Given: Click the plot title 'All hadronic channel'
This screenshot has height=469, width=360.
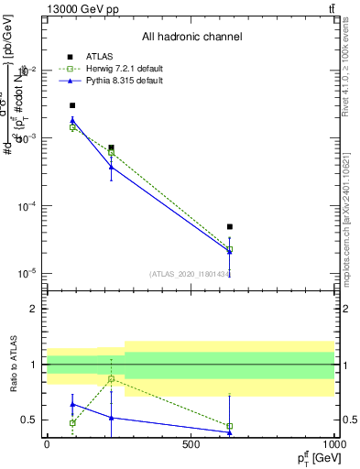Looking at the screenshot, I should click(191, 37).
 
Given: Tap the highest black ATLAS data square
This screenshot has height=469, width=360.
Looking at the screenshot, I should click(72, 105).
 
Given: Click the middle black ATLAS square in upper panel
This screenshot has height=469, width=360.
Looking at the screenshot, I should click(111, 147).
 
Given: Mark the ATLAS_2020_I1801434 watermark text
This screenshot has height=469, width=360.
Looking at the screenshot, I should click(190, 273).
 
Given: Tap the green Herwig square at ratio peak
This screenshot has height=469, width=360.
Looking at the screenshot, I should click(111, 378).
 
